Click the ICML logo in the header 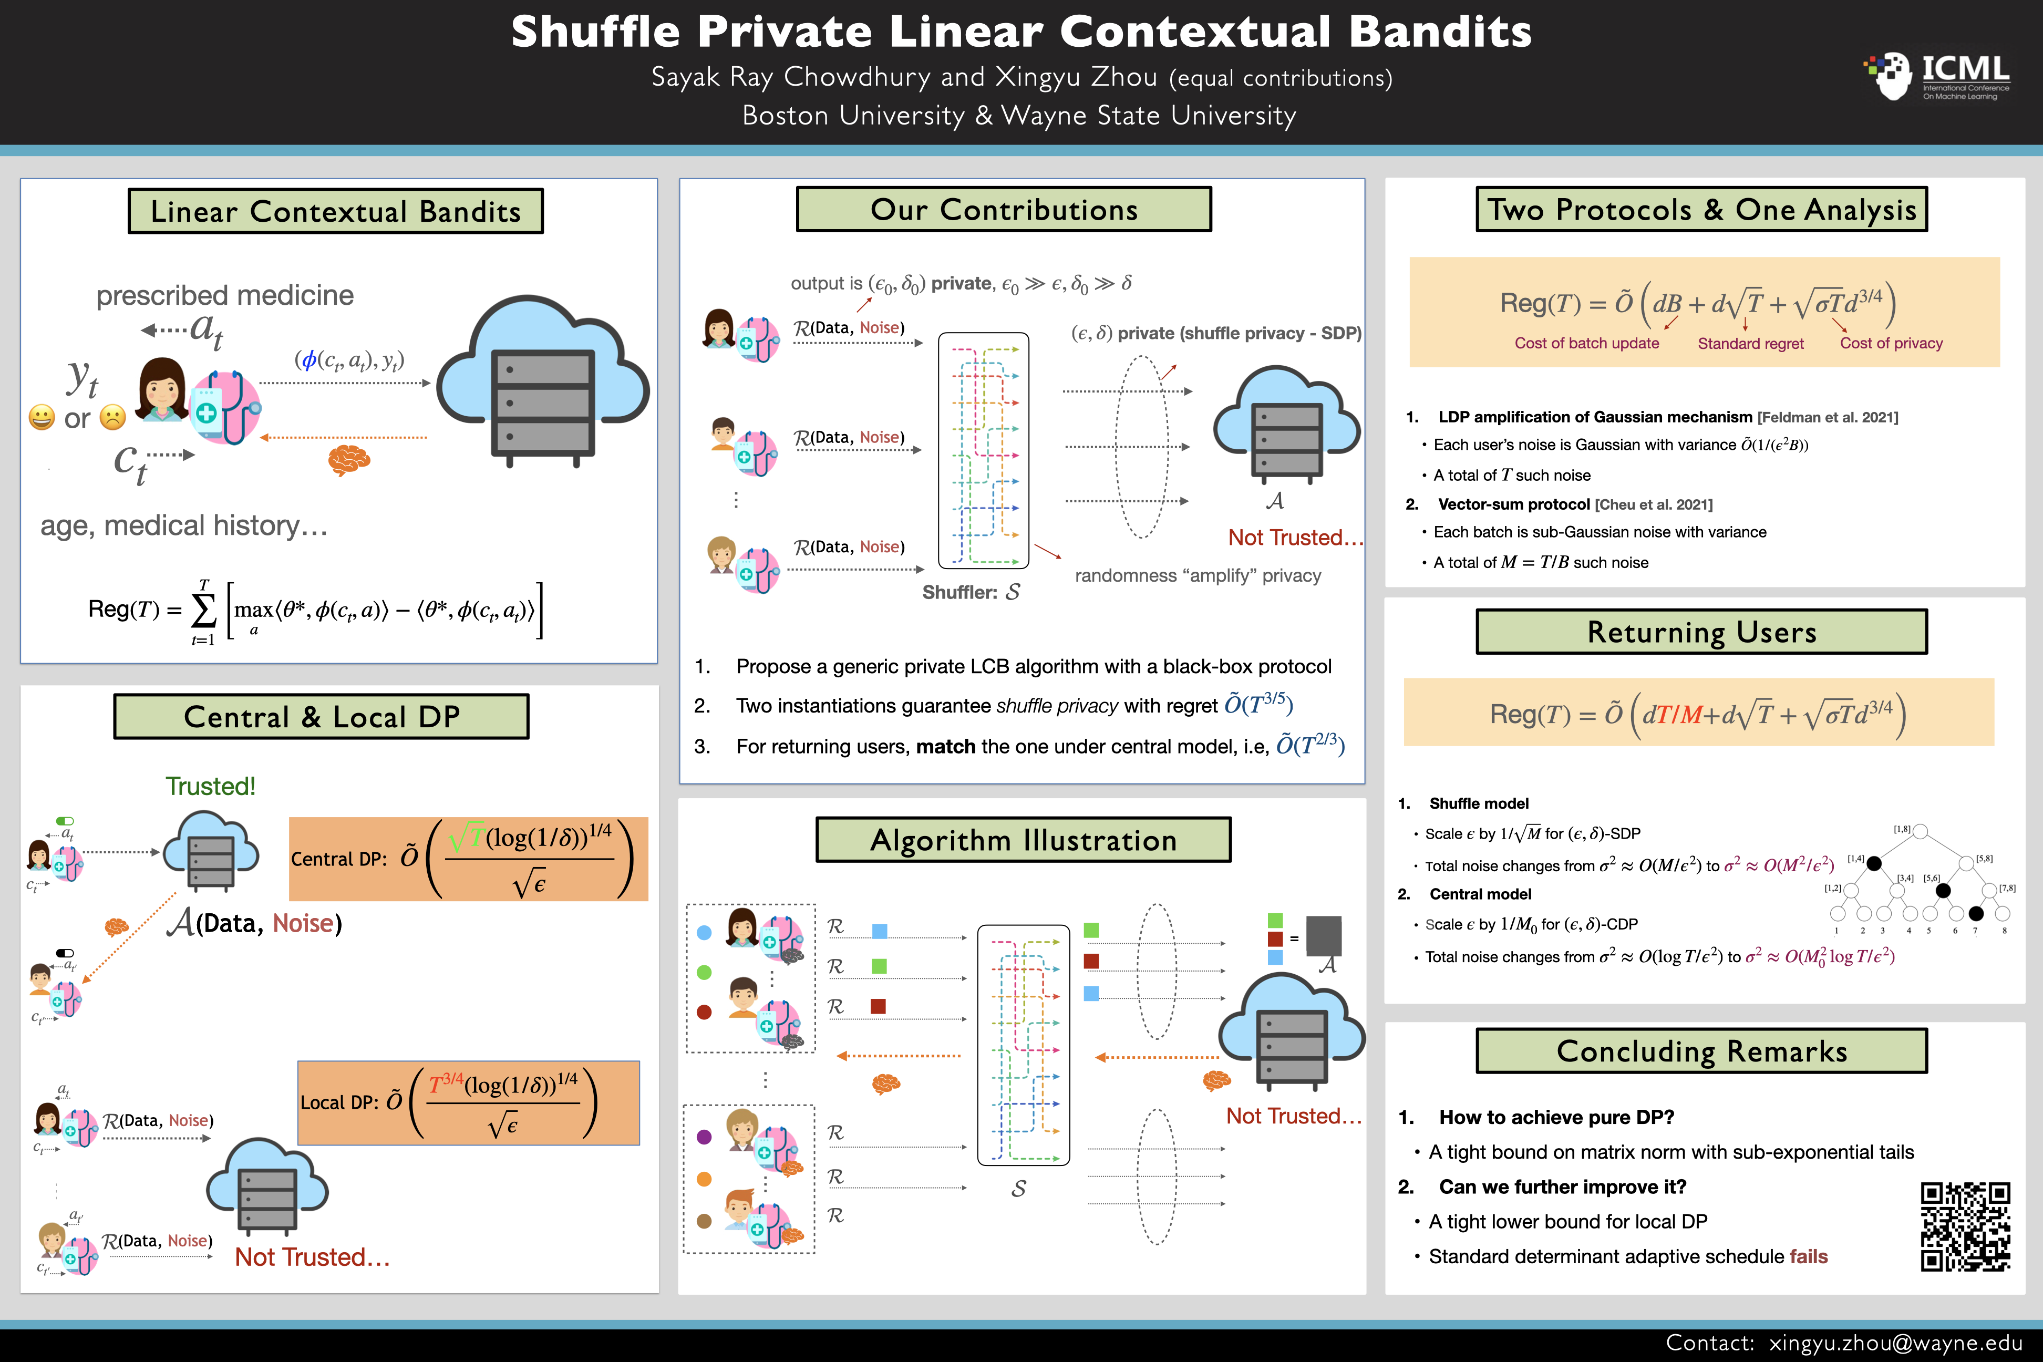(1937, 76)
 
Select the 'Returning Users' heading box (1701, 632)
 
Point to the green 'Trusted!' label (210, 786)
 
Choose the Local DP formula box (468, 1102)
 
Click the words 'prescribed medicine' (225, 295)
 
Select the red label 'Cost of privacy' (1891, 343)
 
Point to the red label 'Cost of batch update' (1586, 343)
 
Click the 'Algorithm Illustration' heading (1023, 840)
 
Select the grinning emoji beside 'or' (41, 418)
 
